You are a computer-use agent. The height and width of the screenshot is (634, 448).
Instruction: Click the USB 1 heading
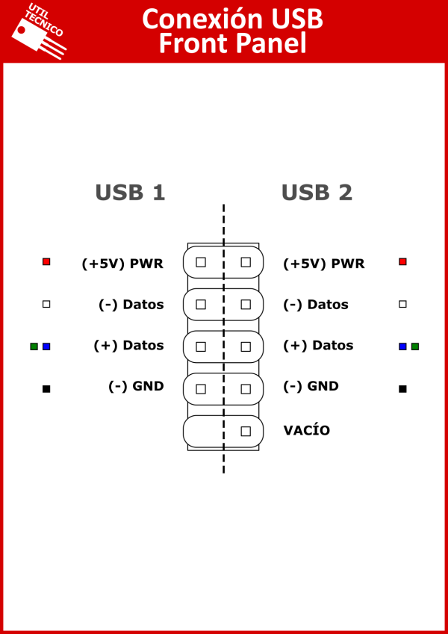[x=130, y=193]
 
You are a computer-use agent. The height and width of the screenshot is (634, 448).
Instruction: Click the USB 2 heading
[x=317, y=193]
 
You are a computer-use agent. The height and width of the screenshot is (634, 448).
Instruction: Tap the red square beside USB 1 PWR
[x=46, y=261]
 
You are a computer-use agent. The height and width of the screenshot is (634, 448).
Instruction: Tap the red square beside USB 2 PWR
[x=402, y=261]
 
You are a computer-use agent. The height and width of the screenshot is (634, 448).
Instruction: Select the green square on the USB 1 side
[x=34, y=346]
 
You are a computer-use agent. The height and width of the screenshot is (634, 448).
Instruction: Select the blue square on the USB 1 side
[x=46, y=346]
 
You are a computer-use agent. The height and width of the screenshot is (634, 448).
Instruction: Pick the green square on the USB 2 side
[x=415, y=346]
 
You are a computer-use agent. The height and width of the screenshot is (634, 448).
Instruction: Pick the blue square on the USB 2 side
[x=402, y=346]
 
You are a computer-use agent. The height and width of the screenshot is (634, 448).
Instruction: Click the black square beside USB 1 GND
[x=46, y=389]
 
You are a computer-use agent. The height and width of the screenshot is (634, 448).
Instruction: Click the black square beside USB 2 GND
[x=402, y=389]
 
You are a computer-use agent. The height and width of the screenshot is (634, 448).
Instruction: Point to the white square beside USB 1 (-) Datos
[x=46, y=304]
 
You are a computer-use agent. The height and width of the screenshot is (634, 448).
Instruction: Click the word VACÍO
[x=306, y=430]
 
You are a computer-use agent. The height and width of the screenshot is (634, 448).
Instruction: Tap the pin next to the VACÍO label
[x=246, y=432]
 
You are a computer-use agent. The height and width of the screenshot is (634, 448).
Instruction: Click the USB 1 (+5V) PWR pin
[x=201, y=262]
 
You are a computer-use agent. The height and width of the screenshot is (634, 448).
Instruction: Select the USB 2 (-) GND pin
[x=246, y=389]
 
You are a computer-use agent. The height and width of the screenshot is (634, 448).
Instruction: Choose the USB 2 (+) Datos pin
[x=246, y=347]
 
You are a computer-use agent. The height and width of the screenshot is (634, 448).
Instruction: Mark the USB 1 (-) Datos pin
[x=201, y=305]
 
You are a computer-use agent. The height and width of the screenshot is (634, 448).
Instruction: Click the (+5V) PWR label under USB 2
[x=324, y=264]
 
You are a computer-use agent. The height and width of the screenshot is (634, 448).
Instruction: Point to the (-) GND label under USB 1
[x=136, y=387]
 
